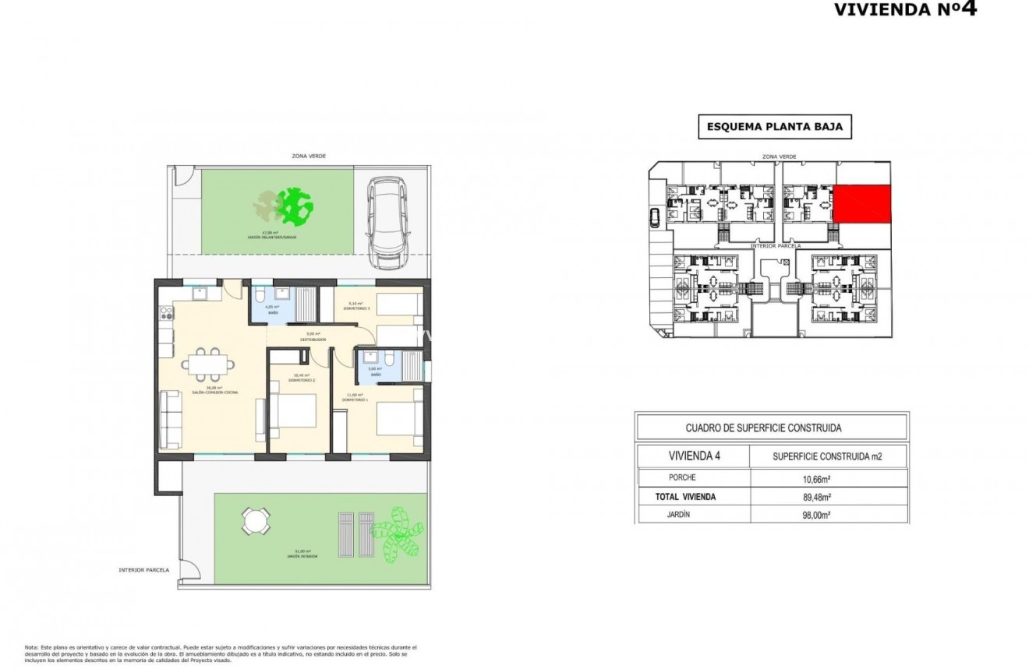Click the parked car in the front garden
pyautogui.click(x=388, y=222)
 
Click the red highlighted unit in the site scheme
pyautogui.click(x=862, y=203)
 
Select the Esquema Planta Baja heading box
pyautogui.click(x=773, y=127)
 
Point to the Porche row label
pyautogui.click(x=682, y=477)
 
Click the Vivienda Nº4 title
pyautogui.click(x=904, y=9)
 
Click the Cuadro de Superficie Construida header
pyautogui.click(x=762, y=428)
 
